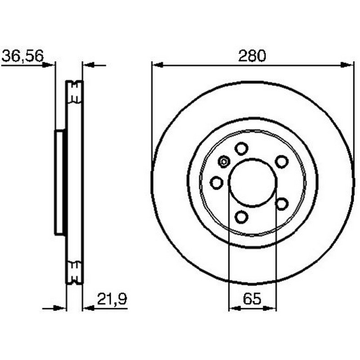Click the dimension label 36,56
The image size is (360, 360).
(x=22, y=56)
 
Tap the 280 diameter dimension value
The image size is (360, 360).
(x=252, y=56)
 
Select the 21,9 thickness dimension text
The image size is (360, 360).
(x=112, y=299)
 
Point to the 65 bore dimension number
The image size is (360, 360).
(x=252, y=299)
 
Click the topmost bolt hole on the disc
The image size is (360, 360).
(x=241, y=148)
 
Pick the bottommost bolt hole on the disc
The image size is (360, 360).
(x=241, y=216)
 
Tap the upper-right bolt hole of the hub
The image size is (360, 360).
(x=282, y=162)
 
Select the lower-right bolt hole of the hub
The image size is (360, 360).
(x=282, y=204)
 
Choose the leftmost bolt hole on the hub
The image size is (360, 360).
(x=216, y=183)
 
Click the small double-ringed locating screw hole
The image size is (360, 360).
(x=224, y=162)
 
